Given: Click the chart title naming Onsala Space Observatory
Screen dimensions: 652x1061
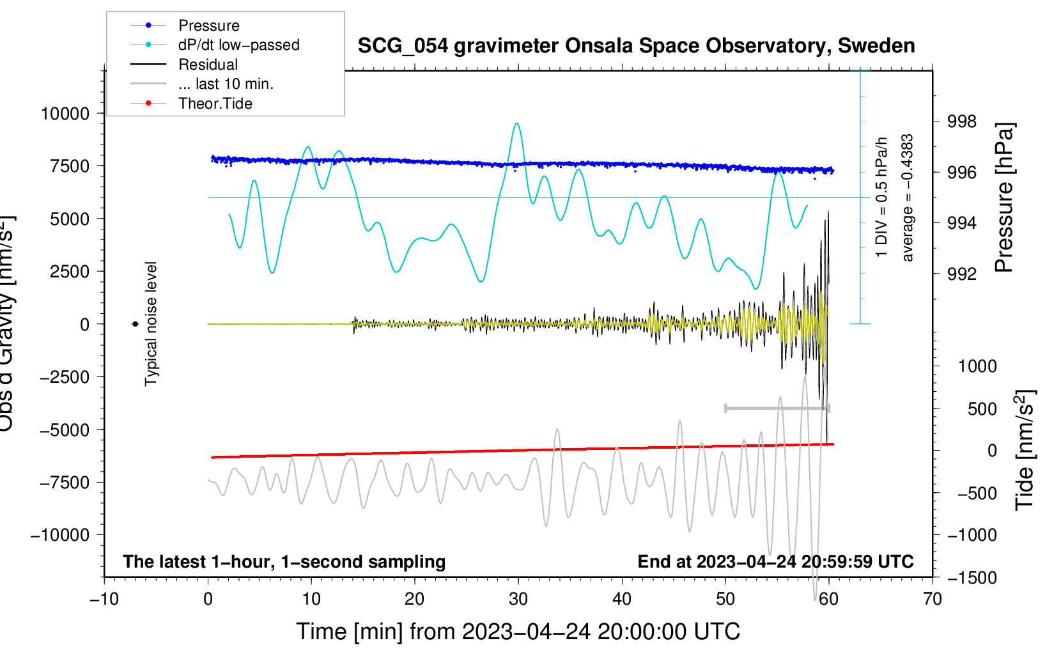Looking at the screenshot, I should point(636,46).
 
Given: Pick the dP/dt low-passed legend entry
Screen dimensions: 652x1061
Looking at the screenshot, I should point(238,45).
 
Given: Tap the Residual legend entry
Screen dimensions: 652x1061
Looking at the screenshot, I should point(208,65).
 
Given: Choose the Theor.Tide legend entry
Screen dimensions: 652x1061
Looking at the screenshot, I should point(215,104).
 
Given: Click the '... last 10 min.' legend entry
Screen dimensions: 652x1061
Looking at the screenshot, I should point(226,84).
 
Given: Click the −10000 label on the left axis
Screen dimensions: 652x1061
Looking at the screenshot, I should point(60,535).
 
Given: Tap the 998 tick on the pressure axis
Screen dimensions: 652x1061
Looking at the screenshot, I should point(962,121).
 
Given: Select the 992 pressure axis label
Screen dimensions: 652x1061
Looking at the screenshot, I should point(962,274).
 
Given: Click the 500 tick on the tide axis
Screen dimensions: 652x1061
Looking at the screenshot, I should point(982,409).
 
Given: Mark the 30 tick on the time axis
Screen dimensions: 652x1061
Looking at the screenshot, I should point(518,600).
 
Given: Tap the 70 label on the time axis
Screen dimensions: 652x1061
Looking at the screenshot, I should point(933,600).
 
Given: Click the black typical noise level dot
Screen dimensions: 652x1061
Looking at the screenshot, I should point(135,324).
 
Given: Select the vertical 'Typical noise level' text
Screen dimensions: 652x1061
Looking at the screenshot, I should point(151,323).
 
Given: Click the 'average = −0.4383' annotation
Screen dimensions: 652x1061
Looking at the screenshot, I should point(908,198).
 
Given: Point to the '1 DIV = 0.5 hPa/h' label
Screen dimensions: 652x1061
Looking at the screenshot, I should point(882,197).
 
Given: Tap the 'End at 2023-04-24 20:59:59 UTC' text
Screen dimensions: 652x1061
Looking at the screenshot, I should point(775,561).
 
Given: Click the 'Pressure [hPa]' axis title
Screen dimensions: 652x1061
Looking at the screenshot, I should point(1004,198).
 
